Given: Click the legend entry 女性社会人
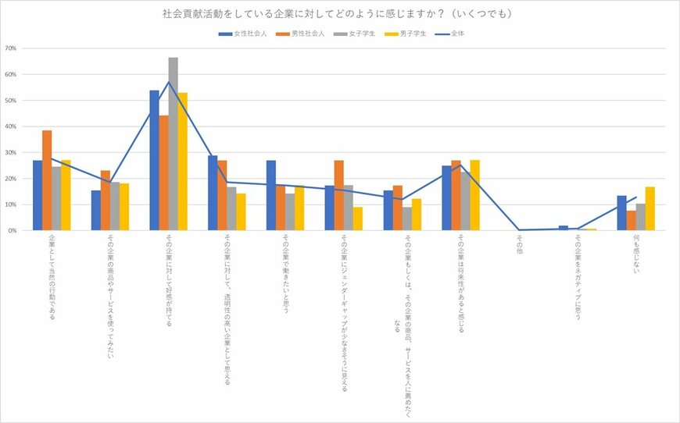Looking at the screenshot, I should [245, 34].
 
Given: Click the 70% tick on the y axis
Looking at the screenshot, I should [11, 48].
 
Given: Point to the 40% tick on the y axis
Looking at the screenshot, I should [11, 126].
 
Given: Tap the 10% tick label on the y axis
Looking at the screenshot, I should [11, 204].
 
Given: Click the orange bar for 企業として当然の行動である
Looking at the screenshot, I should [47, 180].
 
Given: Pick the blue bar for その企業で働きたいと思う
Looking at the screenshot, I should [270, 195].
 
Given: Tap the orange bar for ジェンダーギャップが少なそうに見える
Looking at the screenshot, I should [338, 195].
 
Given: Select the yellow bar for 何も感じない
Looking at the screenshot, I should [650, 208].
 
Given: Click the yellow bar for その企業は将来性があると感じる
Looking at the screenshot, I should [474, 195].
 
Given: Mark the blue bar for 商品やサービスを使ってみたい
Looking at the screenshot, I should [95, 211].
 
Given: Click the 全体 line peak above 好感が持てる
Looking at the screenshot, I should [168, 81].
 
